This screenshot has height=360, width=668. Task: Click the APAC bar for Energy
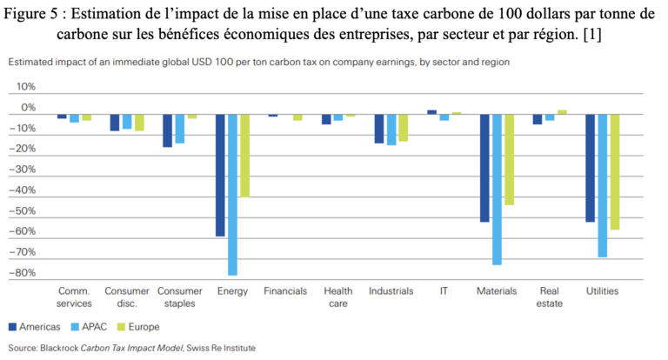click(x=233, y=194)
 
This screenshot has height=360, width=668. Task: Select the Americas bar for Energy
click(x=220, y=175)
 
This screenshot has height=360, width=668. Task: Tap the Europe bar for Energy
click(x=245, y=156)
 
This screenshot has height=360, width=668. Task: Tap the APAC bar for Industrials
click(x=391, y=130)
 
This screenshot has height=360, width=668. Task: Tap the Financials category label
click(x=285, y=291)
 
